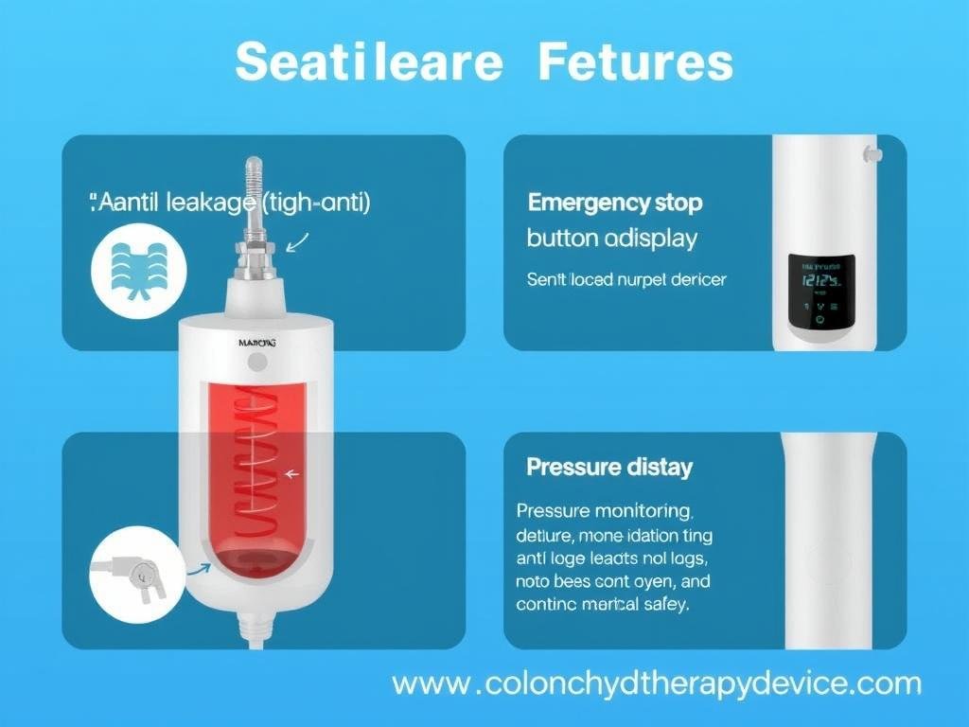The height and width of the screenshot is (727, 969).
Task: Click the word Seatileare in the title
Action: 369,62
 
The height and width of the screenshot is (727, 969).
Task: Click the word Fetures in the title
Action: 635,62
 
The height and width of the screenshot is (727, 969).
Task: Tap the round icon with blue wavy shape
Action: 138,270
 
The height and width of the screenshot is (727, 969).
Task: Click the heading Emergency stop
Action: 615,202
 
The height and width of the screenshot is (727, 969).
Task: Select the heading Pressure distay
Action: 609,467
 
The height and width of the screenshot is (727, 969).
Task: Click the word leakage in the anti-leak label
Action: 212,202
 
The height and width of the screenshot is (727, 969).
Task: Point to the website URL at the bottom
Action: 656,683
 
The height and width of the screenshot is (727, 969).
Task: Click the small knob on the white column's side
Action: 872,152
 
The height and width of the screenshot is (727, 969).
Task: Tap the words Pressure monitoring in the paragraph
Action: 604,511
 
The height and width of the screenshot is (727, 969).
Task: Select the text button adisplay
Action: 611,238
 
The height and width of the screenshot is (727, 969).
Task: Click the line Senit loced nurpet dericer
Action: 626,279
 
